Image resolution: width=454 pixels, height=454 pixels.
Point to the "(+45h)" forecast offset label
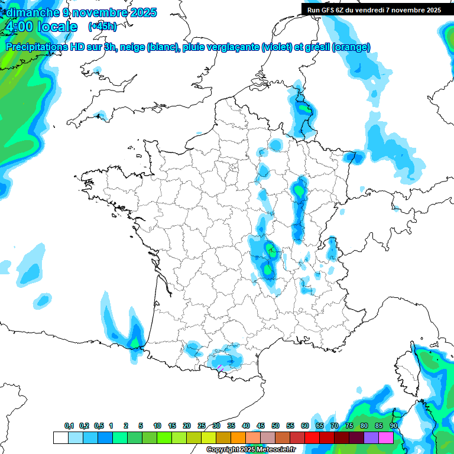(x=102, y=27)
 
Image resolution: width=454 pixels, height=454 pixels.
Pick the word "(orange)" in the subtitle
(x=352, y=47)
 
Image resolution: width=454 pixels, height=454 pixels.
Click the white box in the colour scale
(x=60, y=437)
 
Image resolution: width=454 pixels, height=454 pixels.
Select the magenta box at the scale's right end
(x=386, y=437)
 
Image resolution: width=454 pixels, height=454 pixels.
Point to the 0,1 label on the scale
(x=69, y=426)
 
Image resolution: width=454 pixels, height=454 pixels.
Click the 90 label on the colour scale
(x=394, y=426)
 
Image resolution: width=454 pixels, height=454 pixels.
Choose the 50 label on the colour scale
(x=275, y=426)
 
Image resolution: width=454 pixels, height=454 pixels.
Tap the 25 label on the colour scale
(x=202, y=426)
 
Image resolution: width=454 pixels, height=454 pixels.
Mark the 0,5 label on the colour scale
(x=98, y=426)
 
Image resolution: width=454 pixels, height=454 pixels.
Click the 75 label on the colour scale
(x=349, y=426)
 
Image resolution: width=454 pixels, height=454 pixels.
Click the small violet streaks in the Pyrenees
(x=220, y=368)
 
